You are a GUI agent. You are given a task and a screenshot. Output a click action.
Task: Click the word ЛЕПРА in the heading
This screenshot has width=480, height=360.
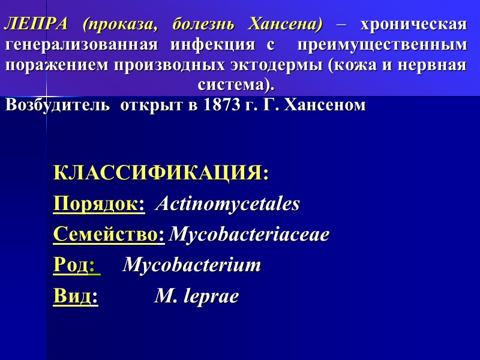37,25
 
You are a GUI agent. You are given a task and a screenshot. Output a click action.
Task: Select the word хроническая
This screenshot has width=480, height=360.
413,25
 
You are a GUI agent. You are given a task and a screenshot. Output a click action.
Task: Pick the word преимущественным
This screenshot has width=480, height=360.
381,45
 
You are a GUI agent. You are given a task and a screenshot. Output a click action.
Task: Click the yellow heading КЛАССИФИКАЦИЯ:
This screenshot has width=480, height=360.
161,173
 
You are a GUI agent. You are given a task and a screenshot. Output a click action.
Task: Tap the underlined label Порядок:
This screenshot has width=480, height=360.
99,204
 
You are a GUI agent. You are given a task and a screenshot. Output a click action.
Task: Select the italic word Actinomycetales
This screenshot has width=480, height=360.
228,204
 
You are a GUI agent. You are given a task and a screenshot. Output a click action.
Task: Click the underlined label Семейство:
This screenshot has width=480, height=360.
109,235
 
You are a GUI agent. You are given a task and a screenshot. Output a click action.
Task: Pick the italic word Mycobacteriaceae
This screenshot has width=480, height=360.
250,235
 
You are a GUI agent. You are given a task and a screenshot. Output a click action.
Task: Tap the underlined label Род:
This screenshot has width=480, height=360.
76,265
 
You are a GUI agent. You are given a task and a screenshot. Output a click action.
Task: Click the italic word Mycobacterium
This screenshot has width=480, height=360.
192,265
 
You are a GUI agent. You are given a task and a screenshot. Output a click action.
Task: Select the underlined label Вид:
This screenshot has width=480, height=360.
76,296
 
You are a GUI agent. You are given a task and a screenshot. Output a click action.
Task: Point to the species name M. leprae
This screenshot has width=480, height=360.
197,296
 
